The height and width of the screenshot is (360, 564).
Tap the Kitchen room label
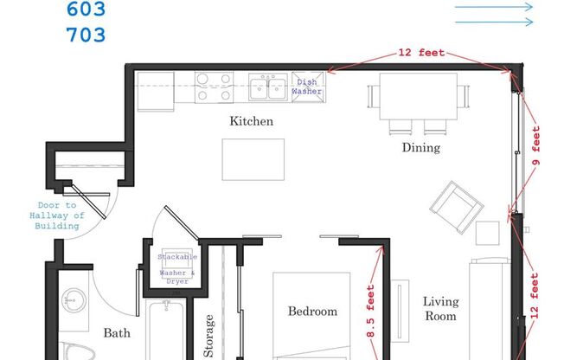251,121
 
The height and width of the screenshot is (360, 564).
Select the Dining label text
420,147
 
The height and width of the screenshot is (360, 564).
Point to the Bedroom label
312,311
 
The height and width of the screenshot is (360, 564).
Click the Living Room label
439,309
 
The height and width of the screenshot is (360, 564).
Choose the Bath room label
117,332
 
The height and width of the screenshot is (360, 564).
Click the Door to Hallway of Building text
54,215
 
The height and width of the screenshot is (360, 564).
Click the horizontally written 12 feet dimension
421,53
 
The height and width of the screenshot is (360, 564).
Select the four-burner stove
214,87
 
